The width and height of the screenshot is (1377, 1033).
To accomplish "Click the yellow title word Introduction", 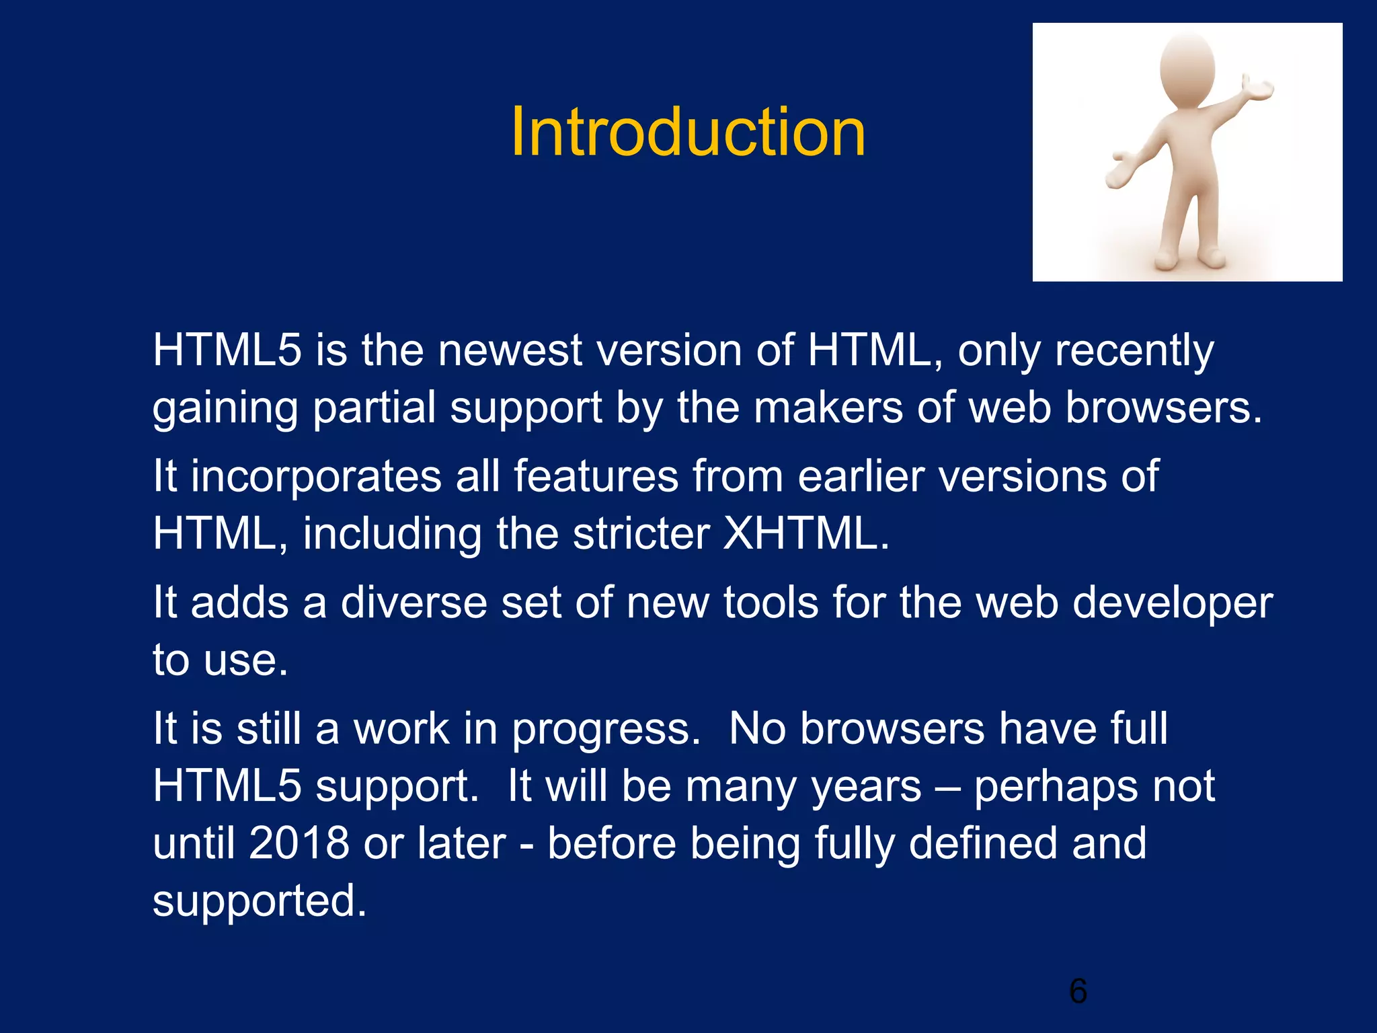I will click(x=688, y=132).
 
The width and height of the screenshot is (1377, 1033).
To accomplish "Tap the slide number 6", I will click(x=1078, y=991).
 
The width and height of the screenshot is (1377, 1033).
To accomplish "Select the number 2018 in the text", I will click(x=299, y=843).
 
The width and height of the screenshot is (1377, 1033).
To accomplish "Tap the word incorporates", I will click(x=315, y=476).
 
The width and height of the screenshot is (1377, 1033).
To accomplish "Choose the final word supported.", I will click(x=260, y=901).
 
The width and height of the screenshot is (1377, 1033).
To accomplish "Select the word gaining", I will click(x=225, y=409).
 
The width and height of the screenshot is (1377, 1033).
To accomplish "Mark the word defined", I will click(x=982, y=843).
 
